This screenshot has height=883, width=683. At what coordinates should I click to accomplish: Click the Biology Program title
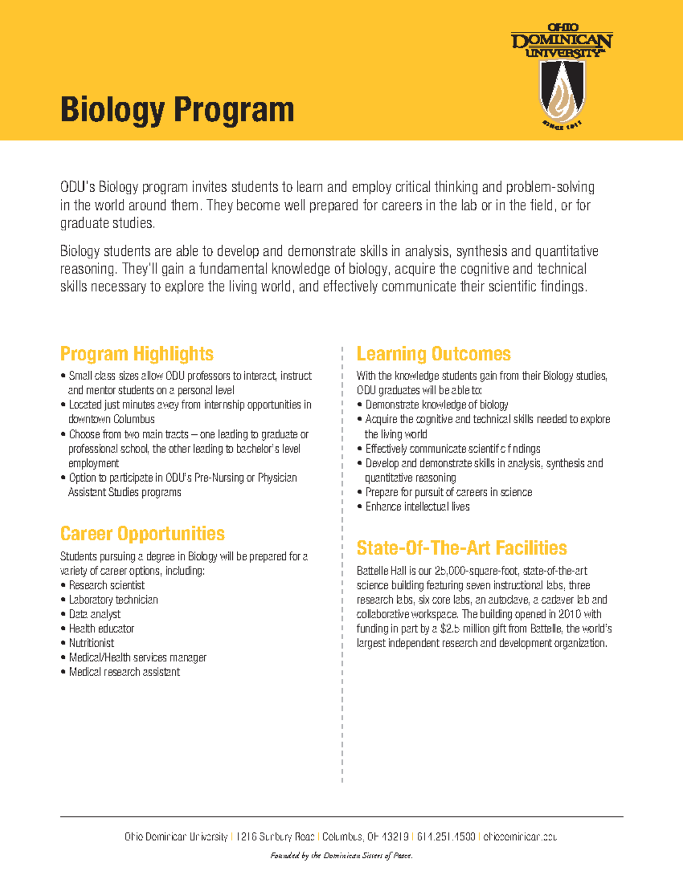coord(177,109)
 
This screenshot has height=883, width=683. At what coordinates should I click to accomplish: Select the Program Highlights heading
coord(137,354)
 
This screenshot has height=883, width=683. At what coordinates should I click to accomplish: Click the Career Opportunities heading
coord(142,534)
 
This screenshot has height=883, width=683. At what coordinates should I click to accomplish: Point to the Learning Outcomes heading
coord(433,354)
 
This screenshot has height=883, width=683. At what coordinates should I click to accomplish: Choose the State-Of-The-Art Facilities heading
coord(462,548)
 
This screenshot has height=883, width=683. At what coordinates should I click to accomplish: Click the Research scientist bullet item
coord(106,585)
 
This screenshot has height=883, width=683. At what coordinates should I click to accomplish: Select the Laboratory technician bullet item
coord(113,599)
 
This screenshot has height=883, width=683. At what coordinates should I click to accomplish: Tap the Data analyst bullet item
coord(94,614)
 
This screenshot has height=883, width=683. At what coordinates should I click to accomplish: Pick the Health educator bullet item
coord(101,628)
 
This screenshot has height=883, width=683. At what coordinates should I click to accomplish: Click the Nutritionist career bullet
coord(91,643)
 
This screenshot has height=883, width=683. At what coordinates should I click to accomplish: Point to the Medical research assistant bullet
coord(124,672)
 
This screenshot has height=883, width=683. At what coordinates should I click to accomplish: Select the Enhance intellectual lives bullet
coord(417,507)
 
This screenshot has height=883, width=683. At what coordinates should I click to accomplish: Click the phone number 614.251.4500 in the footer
coord(446,837)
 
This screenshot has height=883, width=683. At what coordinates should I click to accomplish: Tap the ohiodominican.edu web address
coord(520,837)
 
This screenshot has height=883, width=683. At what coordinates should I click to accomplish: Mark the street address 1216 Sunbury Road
coord(275,837)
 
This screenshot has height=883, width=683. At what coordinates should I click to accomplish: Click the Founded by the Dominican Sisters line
coord(341,855)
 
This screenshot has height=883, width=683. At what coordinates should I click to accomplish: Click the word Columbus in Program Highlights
coord(134,420)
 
